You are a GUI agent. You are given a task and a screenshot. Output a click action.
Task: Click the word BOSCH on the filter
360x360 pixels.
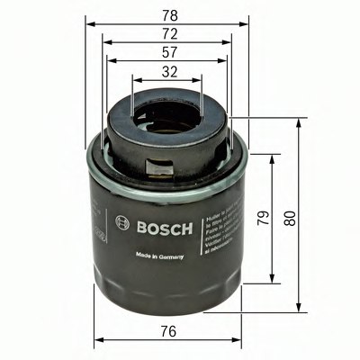(x=162, y=227)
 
